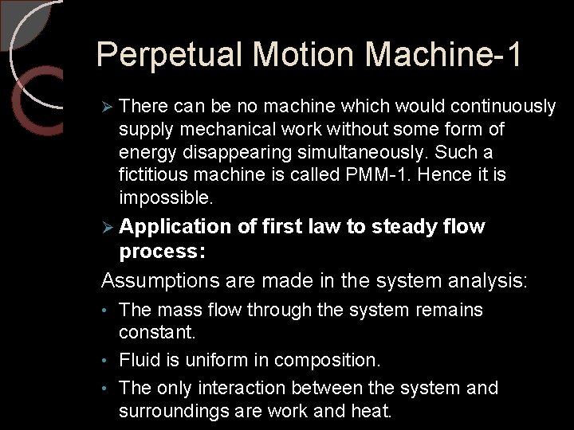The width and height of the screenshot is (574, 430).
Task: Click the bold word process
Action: [x=161, y=252]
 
